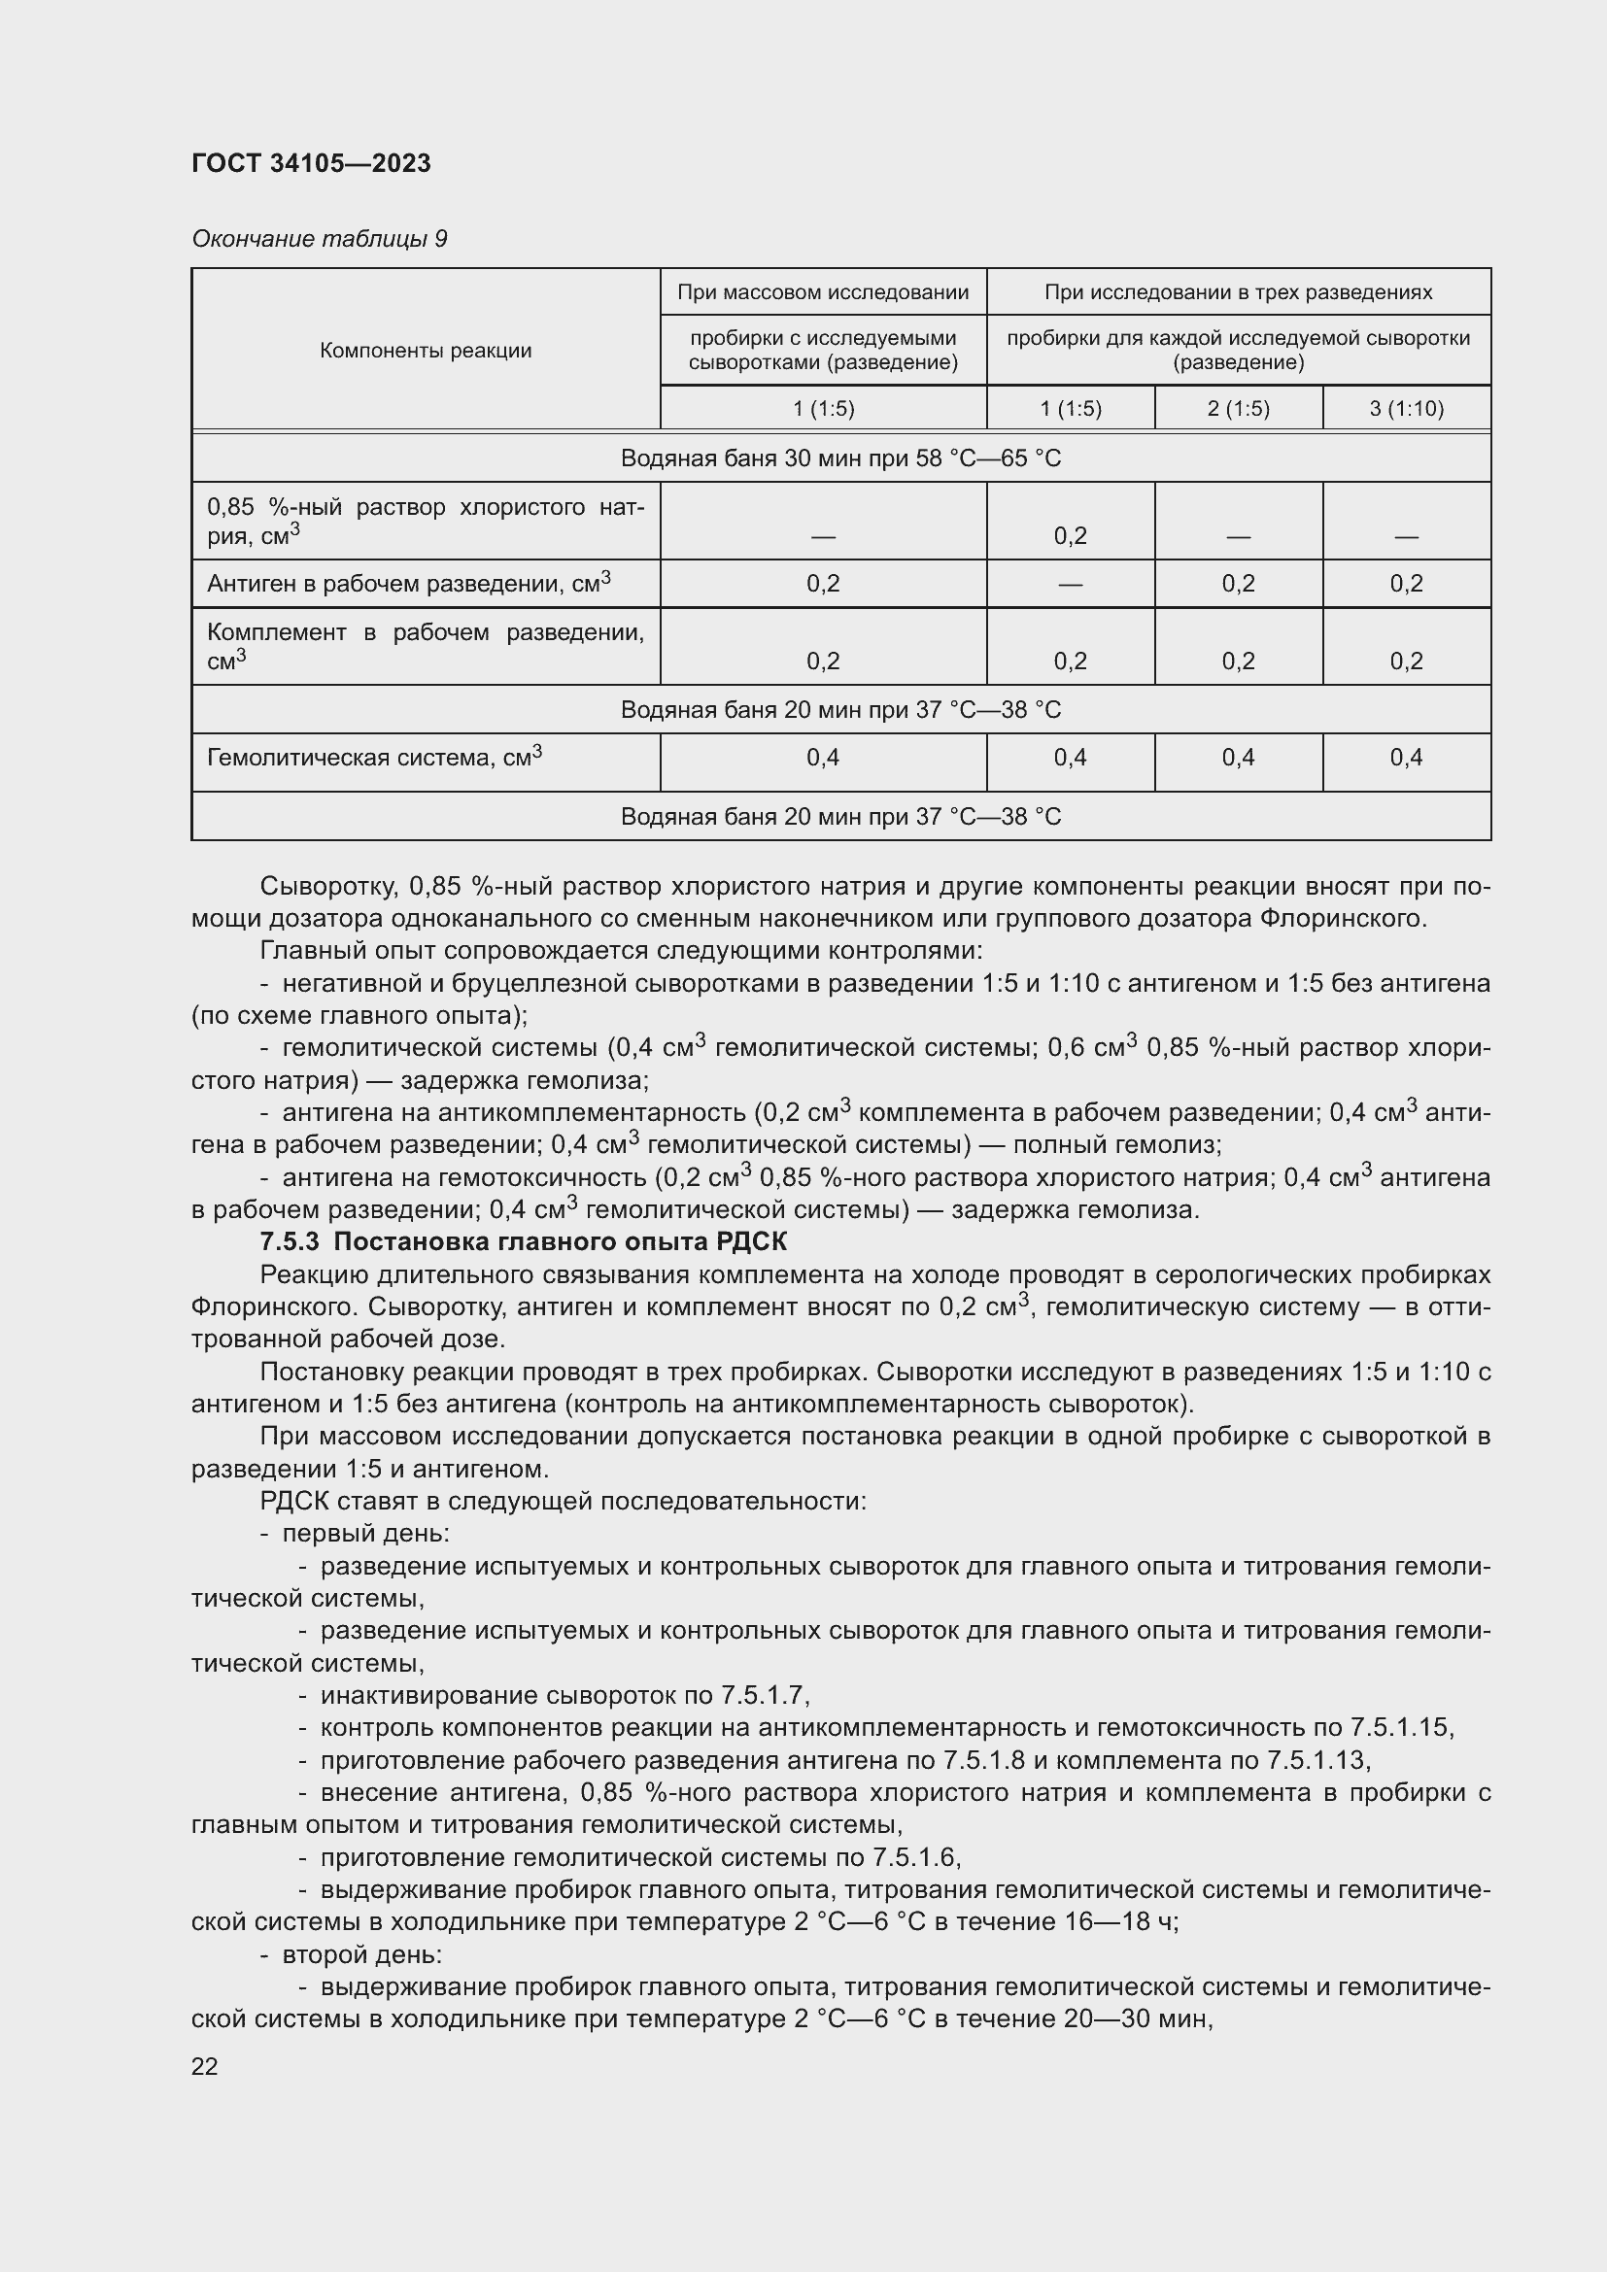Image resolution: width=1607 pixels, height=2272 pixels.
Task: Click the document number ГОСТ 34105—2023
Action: (311, 163)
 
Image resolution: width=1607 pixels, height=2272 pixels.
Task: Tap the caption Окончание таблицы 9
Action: (319, 239)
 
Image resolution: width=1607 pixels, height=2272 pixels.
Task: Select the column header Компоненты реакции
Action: (426, 351)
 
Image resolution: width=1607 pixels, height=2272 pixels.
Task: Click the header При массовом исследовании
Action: (822, 292)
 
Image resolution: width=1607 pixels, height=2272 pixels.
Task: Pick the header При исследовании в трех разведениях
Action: (1238, 292)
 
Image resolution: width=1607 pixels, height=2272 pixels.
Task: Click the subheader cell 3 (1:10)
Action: (1406, 409)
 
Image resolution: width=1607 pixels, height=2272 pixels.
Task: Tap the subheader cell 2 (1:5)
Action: (1238, 409)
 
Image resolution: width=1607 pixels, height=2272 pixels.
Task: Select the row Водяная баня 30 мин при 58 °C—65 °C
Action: (840, 458)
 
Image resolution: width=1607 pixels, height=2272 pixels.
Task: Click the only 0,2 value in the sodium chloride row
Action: (1070, 536)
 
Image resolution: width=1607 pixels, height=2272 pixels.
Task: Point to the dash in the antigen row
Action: (1070, 584)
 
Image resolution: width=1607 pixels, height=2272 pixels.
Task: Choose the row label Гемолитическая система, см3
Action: (374, 758)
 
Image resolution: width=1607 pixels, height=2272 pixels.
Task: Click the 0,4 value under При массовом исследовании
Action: (822, 758)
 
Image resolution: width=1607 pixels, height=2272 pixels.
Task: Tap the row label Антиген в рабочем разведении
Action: (408, 584)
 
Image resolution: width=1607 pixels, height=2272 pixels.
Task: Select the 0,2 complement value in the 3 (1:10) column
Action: (1406, 661)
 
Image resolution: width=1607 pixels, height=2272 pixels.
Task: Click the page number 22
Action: (205, 2066)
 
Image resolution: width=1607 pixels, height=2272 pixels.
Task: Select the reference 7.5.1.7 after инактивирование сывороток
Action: (764, 1695)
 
